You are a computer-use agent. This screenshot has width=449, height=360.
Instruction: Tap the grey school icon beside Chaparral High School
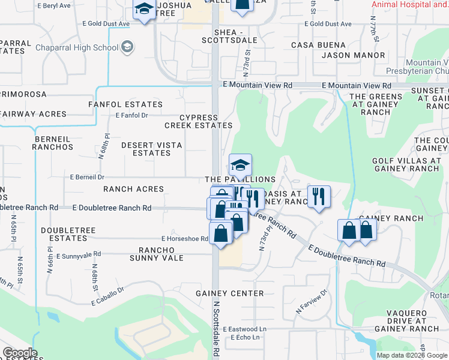pos(127,47)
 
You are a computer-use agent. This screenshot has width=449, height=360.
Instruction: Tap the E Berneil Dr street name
pos(87,178)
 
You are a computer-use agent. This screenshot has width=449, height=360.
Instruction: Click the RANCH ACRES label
pos(133,189)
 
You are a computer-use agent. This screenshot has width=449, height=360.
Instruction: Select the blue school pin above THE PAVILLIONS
pos(240,165)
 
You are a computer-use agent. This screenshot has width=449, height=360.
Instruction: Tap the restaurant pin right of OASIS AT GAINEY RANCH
pos(319,196)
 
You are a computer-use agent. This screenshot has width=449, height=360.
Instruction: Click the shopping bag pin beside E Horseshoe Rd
pos(221,232)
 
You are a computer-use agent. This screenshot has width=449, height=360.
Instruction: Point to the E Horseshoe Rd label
pos(184,239)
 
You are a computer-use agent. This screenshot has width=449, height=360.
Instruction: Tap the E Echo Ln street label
pos(244,337)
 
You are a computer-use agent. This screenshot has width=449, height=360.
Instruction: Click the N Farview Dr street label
pos(312,302)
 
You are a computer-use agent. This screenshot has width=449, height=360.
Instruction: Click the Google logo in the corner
pos(19,353)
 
